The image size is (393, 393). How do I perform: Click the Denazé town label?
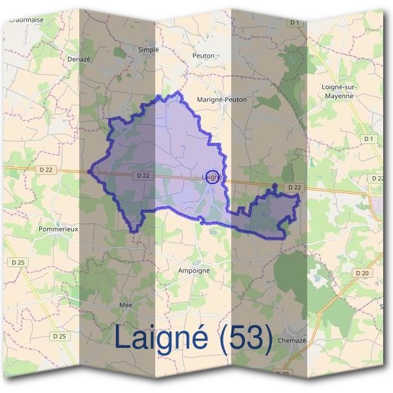tap(79, 58)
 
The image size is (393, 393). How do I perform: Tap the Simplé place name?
tap(149, 49)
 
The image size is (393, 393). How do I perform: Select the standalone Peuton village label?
tap(204, 56)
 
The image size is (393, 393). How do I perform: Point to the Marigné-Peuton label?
tap(222, 100)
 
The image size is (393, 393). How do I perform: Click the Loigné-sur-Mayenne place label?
tap(338, 90)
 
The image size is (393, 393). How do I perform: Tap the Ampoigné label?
tap(193, 269)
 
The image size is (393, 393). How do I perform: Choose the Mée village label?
tap(126, 306)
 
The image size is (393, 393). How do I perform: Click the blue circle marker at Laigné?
tap(212, 177)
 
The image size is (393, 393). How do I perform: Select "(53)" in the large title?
tap(246, 337)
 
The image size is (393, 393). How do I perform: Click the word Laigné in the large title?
tap(162, 337)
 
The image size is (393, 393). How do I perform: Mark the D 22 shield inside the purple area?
tap(144, 176)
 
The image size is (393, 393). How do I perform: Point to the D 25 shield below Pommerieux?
tap(18, 263)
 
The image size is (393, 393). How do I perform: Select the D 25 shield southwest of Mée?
tap(59, 336)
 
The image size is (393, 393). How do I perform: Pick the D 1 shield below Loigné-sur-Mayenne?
tap(369, 139)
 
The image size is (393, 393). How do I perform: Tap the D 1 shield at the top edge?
tap(294, 23)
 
